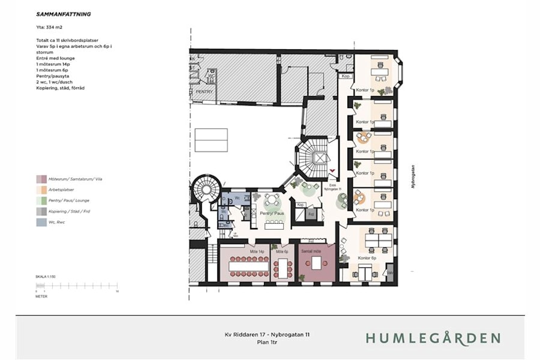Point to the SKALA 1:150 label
coord(46,277)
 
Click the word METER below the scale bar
coord(41,296)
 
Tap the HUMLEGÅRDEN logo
coord(433,338)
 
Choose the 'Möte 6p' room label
coord(282,252)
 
